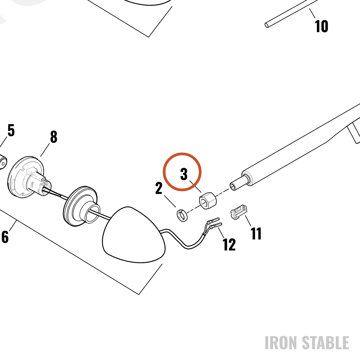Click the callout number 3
[x=184, y=174]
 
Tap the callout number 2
[x=159, y=188]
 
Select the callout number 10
[x=321, y=26]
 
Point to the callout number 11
[x=256, y=234]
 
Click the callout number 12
[x=229, y=244]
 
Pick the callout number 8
[x=54, y=137]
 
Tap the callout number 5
[x=11, y=130]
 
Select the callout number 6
[x=5, y=237]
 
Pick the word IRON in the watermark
[x=282, y=343]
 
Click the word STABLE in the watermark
[x=325, y=343]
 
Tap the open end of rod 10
[x=267, y=25]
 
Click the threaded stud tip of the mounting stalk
[x=233, y=186]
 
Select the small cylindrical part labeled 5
[x=3, y=162]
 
